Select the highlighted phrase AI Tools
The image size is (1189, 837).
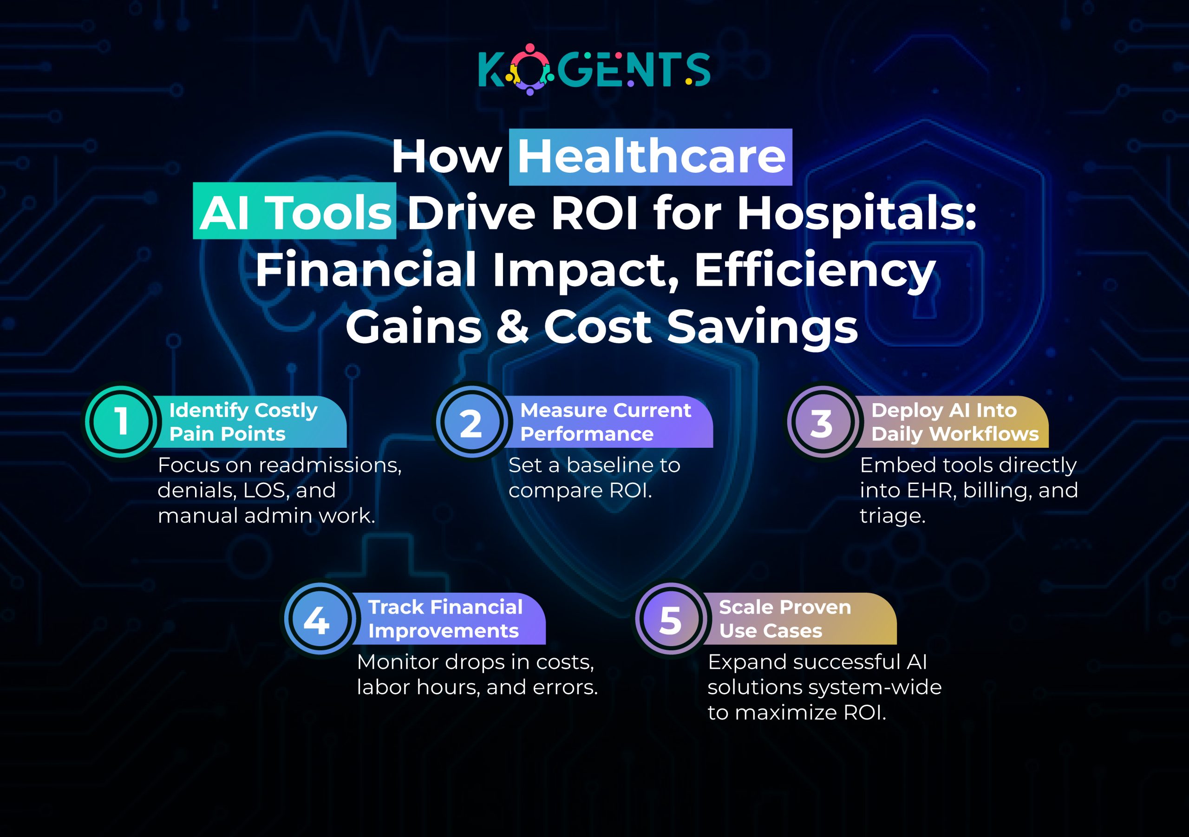(x=294, y=212)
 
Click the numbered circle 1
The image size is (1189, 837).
(x=121, y=421)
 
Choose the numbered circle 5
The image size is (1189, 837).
(x=670, y=620)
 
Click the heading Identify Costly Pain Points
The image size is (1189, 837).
(x=243, y=422)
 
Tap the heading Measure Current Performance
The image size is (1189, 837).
(x=605, y=422)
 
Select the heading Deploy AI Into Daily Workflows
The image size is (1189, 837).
(x=954, y=422)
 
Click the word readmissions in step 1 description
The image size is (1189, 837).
(x=330, y=465)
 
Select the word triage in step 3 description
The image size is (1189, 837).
(x=892, y=516)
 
